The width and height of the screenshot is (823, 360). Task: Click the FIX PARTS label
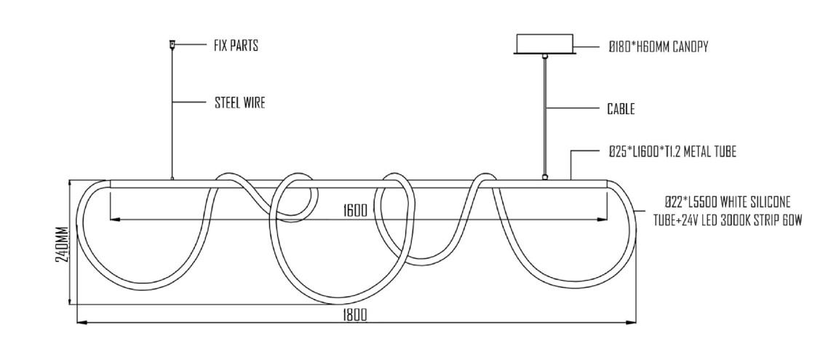pyautogui.click(x=236, y=46)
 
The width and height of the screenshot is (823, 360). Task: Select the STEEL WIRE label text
pyautogui.click(x=240, y=103)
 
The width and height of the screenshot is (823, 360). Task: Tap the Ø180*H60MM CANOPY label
pyautogui.click(x=659, y=47)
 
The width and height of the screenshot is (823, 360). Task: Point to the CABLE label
pyautogui.click(x=621, y=109)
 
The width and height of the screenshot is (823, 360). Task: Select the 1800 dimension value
pyautogui.click(x=355, y=315)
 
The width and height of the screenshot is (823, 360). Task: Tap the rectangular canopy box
pyautogui.click(x=546, y=44)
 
